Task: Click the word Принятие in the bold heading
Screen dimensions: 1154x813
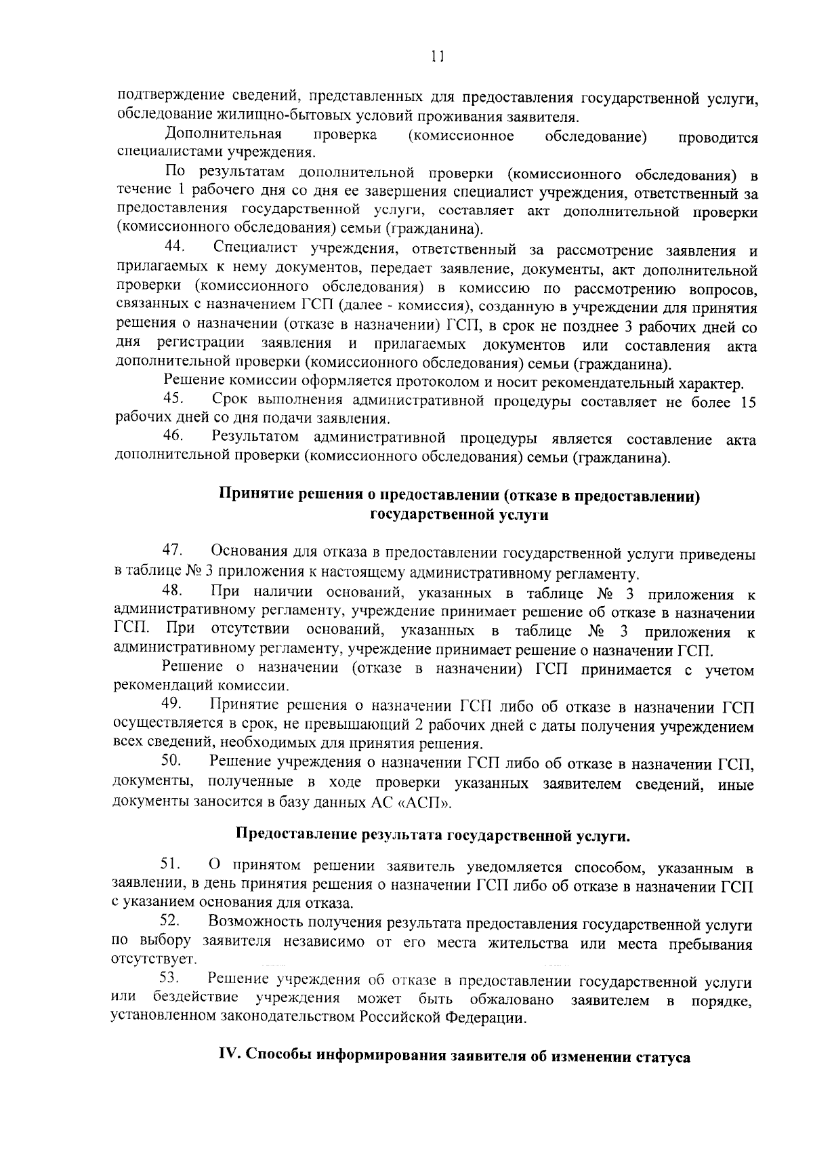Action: coord(251,496)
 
